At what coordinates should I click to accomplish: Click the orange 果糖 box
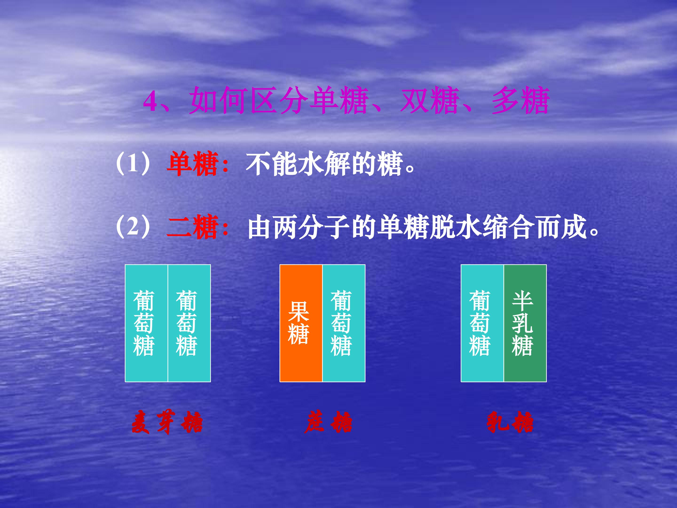coord(301,323)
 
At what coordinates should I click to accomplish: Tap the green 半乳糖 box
coord(525,323)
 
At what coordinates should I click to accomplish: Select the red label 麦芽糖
coord(167,423)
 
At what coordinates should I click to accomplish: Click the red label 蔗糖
coord(328,423)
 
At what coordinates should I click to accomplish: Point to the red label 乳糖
coord(510,423)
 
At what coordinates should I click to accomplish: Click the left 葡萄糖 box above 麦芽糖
coord(146,323)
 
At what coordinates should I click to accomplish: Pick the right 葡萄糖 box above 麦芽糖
coord(189,323)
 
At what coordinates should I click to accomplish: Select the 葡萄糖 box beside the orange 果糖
coord(344,323)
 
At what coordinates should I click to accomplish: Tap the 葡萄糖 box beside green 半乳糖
coord(482,323)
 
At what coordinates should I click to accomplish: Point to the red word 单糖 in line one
coord(192,164)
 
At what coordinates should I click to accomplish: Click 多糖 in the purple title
coord(520,100)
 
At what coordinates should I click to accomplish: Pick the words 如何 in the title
coord(218,100)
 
